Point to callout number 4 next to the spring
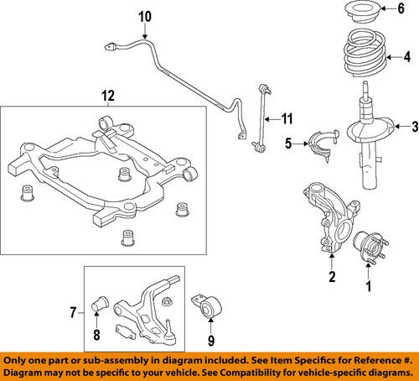coord(408,58)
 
